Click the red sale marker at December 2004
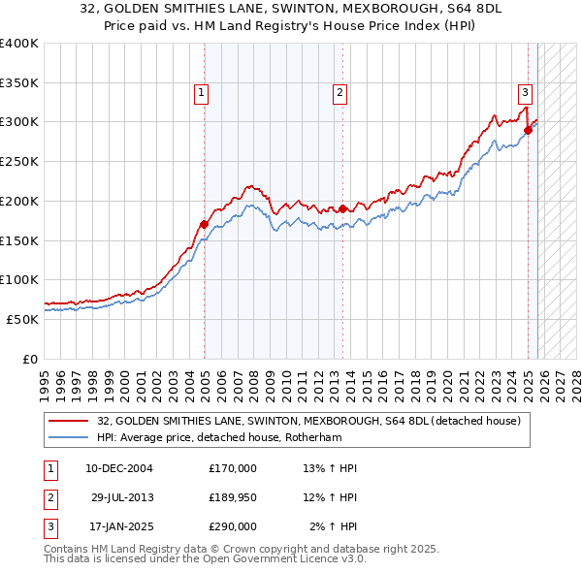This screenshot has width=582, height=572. (x=204, y=224)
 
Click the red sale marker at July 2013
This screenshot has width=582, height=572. (x=342, y=208)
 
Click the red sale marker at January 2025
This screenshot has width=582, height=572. (x=529, y=129)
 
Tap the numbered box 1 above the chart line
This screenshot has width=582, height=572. (x=201, y=93)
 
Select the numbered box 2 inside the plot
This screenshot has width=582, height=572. (x=340, y=93)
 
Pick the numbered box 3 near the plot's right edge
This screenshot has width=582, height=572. (x=525, y=93)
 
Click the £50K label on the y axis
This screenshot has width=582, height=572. (x=23, y=319)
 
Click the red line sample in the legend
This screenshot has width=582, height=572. (x=69, y=421)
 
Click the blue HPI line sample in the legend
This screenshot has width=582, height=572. (x=69, y=437)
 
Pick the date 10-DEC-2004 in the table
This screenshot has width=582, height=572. (x=119, y=468)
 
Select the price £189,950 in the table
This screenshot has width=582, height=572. (x=233, y=497)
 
